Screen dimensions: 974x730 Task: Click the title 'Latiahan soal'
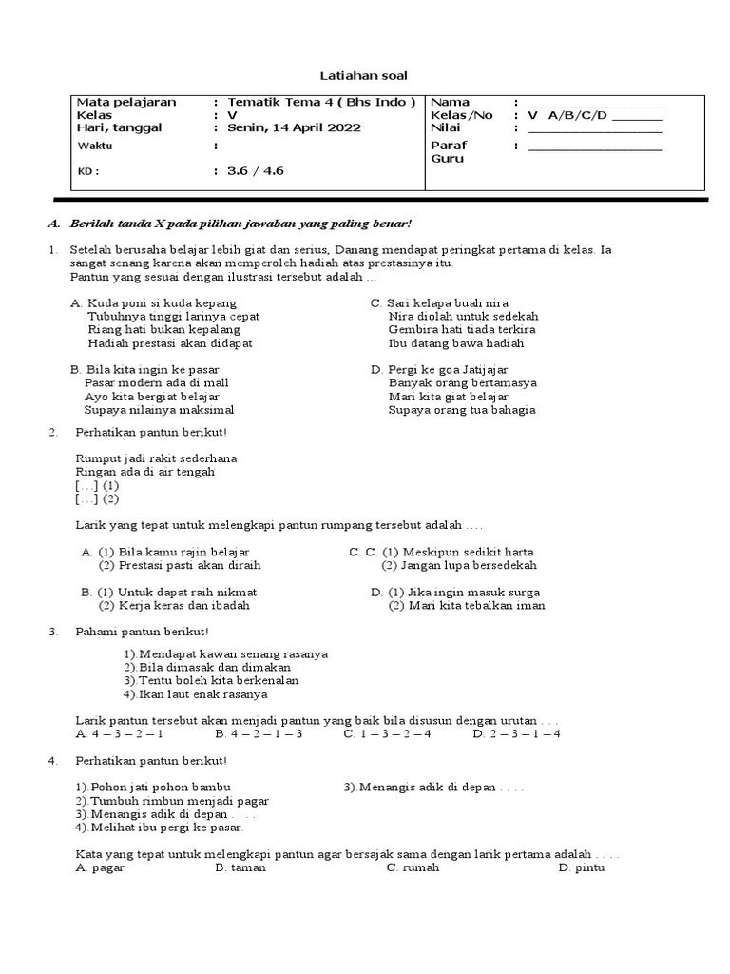pos(366,75)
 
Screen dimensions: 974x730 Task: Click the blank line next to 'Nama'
pos(594,103)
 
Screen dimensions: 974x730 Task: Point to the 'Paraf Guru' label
pos(448,152)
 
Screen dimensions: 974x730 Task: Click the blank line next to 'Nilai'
pos(594,128)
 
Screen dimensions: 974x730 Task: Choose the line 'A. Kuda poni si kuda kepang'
pos(152,302)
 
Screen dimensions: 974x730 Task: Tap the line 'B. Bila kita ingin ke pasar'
pos(144,369)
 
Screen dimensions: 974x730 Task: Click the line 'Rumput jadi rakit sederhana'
pos(156,458)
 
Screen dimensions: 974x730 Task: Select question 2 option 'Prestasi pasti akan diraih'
pos(180,565)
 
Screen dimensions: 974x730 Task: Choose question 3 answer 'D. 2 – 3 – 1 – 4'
pos(516,734)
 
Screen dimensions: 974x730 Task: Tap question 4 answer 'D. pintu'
pos(581,867)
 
